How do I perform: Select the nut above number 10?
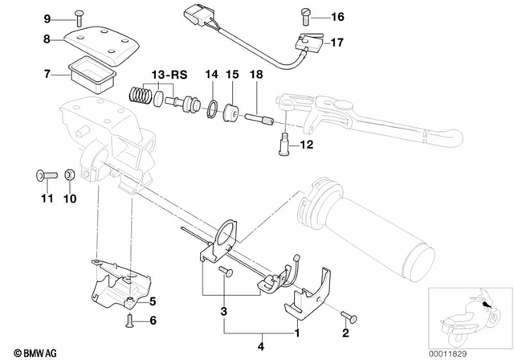pyautogui.click(x=70, y=174)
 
